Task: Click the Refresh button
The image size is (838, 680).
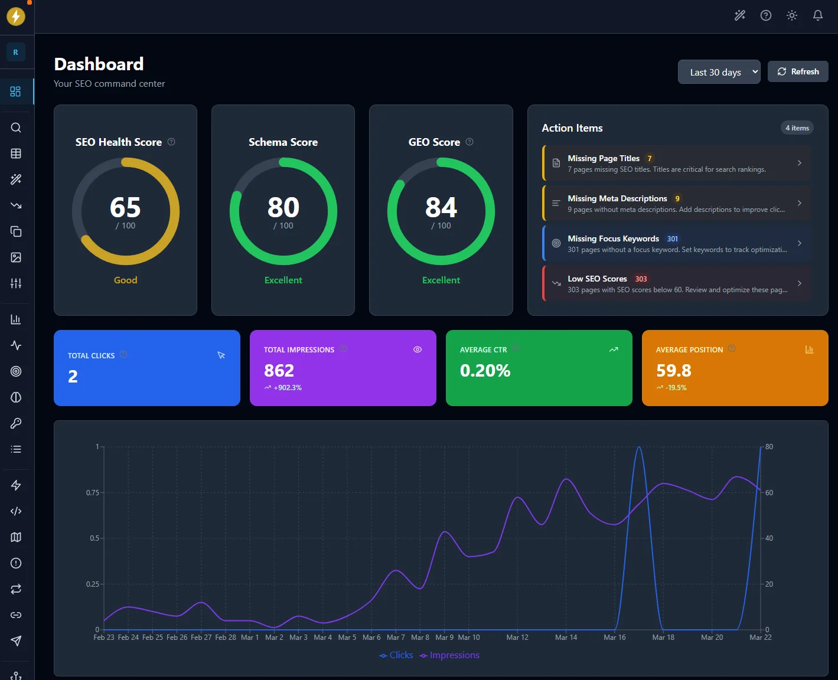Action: [798, 71]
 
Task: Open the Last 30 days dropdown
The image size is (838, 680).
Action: [719, 72]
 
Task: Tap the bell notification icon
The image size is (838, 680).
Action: [817, 15]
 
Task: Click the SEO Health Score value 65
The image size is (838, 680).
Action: [125, 208]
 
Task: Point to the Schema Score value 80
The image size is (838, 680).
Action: [283, 208]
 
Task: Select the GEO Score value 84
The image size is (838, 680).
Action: [441, 208]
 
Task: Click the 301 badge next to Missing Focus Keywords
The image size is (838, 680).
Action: [672, 239]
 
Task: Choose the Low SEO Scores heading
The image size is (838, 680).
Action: [597, 279]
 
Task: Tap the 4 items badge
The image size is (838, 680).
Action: [797, 128]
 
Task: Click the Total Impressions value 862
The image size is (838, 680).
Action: [279, 371]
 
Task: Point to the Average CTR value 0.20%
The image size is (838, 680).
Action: [485, 371]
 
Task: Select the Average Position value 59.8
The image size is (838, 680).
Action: [673, 371]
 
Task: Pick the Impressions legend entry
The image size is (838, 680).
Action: [449, 655]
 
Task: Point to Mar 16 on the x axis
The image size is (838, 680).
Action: [614, 637]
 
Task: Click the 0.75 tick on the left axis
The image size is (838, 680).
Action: [93, 492]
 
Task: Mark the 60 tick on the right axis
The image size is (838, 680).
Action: [769, 492]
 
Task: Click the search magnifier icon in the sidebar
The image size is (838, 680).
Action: [16, 127]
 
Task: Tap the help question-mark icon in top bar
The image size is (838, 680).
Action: [765, 15]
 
